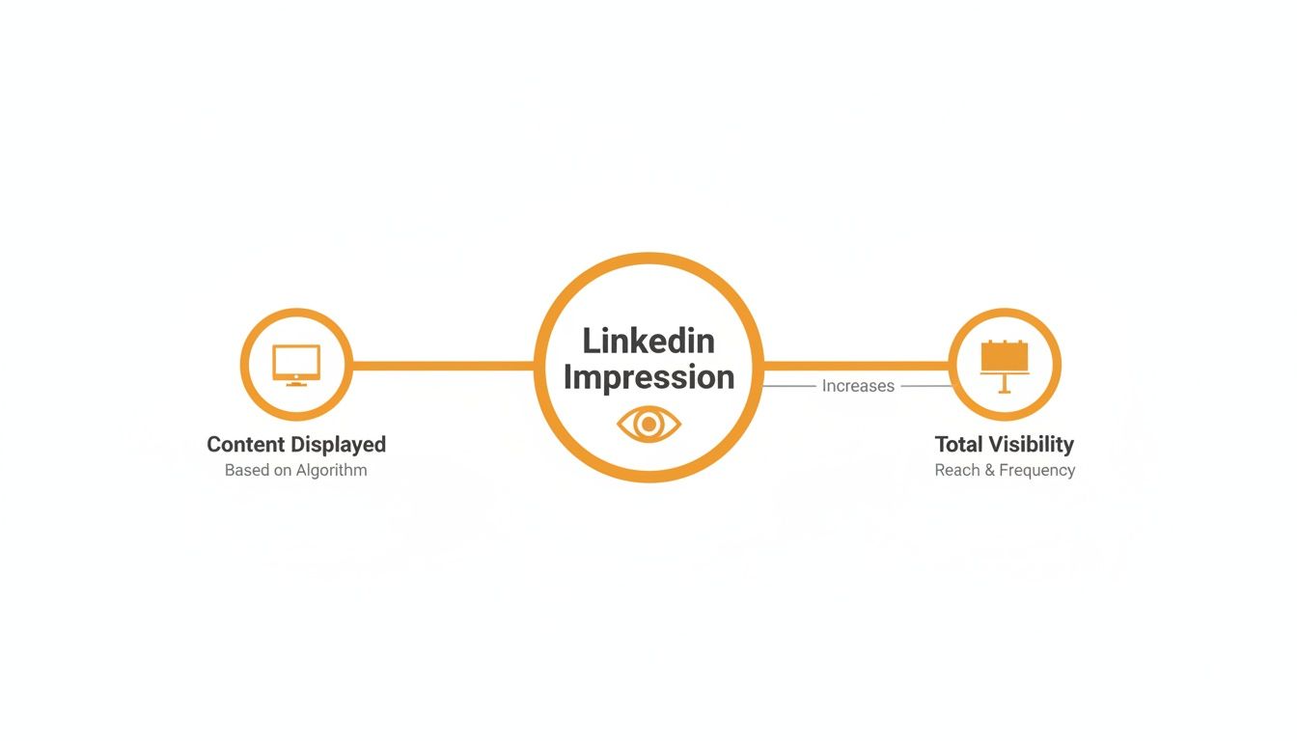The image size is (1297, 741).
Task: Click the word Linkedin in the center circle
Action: tap(648, 341)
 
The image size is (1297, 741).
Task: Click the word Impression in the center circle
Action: tap(648, 377)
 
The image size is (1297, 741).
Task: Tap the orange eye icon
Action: tap(648, 424)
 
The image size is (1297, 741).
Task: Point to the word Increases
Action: tap(858, 386)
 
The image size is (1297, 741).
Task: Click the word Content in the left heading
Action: tap(245, 445)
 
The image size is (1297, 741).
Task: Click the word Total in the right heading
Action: tap(958, 445)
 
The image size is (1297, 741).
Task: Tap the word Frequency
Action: tap(1036, 471)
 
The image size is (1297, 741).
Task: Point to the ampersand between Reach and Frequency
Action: tap(990, 471)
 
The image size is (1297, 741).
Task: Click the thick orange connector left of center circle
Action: tap(444, 366)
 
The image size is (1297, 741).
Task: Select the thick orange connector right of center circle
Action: tap(855, 366)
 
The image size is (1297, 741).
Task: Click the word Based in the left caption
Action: tap(246, 471)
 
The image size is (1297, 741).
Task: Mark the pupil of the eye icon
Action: tap(648, 424)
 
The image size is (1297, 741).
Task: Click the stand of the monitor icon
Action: tap(296, 382)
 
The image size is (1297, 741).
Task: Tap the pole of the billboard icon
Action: tap(1005, 383)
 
